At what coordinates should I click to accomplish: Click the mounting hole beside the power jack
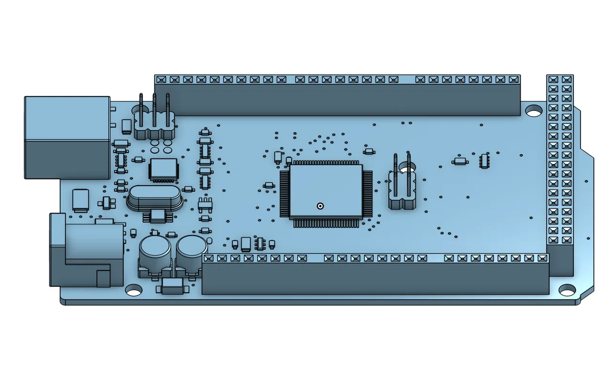(x=134, y=289)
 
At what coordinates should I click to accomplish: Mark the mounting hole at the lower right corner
(x=567, y=289)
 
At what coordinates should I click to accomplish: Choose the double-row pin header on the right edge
(x=560, y=163)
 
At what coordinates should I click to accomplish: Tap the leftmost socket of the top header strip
(x=161, y=79)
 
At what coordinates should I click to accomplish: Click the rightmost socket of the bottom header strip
(x=542, y=258)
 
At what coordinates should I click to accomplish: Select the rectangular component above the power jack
(x=80, y=200)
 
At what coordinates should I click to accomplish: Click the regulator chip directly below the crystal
(x=156, y=216)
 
